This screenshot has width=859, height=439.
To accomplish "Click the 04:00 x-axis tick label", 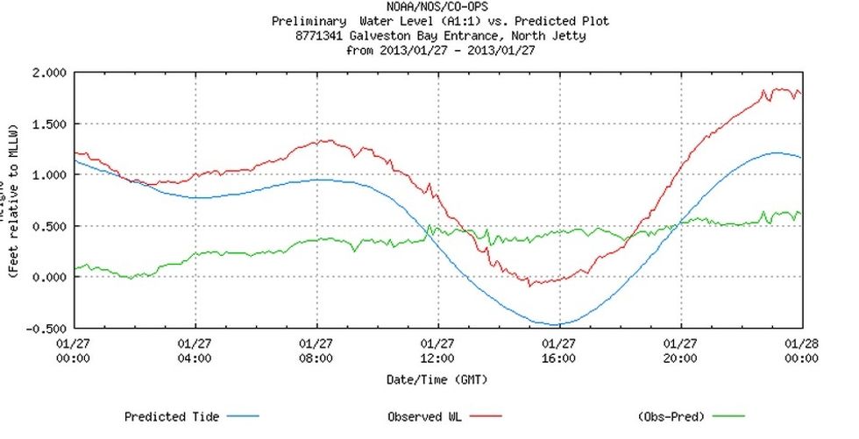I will click(x=195, y=358).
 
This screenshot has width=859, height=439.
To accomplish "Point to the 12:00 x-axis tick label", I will click(x=437, y=358).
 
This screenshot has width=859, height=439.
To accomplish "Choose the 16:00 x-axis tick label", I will click(x=558, y=358).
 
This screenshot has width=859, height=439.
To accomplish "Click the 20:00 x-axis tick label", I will click(x=680, y=358).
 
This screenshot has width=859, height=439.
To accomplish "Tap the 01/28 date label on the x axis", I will click(x=800, y=344).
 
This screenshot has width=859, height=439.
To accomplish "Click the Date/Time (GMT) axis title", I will click(x=437, y=379).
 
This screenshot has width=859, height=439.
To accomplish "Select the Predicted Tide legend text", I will click(x=172, y=417).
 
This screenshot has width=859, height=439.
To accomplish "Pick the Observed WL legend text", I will click(x=427, y=417).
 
